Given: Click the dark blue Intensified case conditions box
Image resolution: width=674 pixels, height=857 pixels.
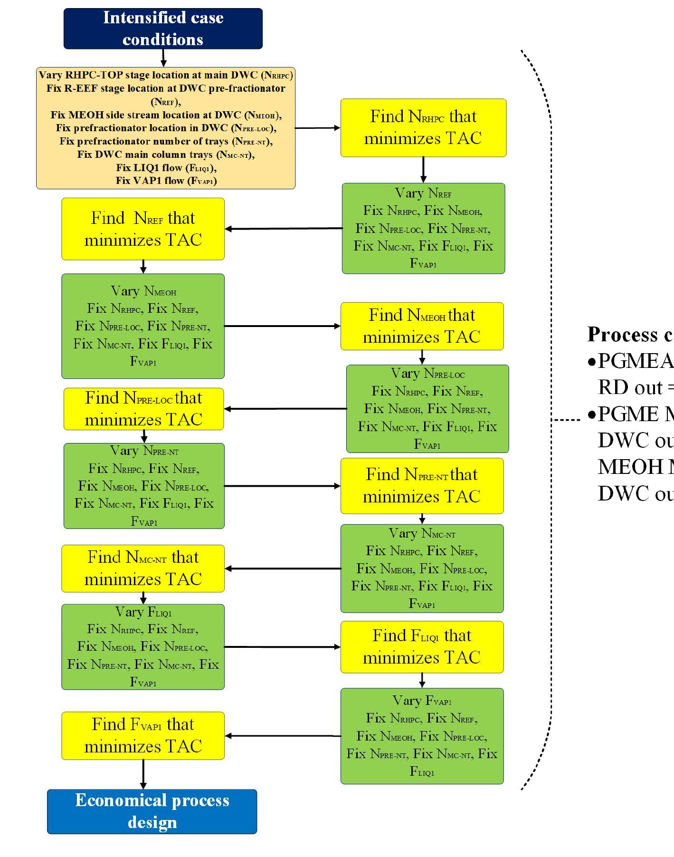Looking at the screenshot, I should coord(163,29).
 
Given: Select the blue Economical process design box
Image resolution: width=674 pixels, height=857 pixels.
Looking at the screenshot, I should coord(152,811).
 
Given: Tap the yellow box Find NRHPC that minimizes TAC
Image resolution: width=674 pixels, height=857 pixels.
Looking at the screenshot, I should coord(423,127).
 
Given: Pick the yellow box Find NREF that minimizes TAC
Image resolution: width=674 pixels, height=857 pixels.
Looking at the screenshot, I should coord(143,229).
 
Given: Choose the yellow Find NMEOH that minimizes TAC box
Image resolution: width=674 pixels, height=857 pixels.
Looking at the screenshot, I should coord(422,326).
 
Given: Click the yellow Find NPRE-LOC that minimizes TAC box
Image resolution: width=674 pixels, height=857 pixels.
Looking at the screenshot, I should coord(143,409).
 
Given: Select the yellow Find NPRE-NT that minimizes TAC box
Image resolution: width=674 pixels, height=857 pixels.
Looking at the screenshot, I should coord(422,485).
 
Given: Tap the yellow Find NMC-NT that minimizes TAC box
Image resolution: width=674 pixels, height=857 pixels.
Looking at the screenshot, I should coord(143,568).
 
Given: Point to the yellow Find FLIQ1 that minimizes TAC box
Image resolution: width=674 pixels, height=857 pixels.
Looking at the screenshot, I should coord(422,646).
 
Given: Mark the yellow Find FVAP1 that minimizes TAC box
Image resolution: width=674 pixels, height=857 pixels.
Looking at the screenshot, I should coord(143,735).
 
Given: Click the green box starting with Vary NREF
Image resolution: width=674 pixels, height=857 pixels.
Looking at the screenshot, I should coord(423,228).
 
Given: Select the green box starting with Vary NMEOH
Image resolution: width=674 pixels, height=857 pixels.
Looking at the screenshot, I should coord(143,326).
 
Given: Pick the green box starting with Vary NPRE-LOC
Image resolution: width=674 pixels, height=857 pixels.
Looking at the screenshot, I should coord(427,409).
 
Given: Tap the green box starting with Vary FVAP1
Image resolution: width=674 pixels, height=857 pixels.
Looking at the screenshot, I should coord(422,736).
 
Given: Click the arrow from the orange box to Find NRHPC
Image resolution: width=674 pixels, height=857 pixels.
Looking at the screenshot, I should coord(317,128).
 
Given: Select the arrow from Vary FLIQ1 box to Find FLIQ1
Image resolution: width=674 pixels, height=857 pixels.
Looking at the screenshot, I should coord(282,646).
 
